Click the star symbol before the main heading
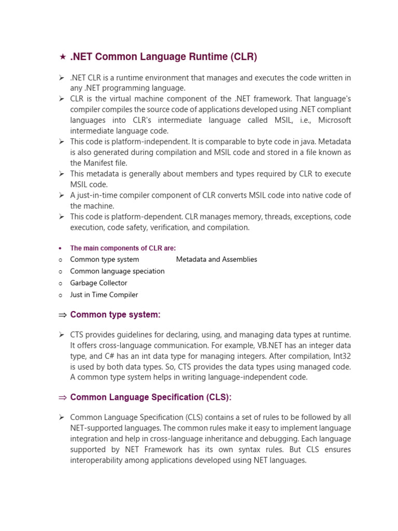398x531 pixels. pyautogui.click(x=62, y=57)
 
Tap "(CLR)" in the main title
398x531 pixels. pyautogui.click(x=242, y=57)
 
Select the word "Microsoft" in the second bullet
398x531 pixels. pyautogui.click(x=334, y=120)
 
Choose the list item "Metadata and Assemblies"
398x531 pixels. pyautogui.click(x=217, y=259)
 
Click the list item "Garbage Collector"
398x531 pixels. pyautogui.click(x=98, y=283)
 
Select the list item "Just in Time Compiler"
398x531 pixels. pyautogui.click(x=104, y=295)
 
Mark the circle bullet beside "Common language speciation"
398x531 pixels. pyautogui.click(x=61, y=271)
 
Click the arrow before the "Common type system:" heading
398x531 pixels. pyautogui.click(x=62, y=315)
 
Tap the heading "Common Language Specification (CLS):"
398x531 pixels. pyautogui.click(x=151, y=397)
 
